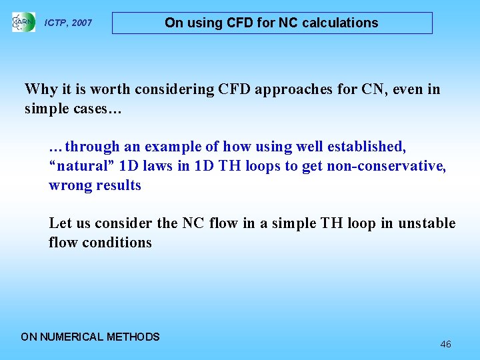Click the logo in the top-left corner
(x=23, y=23)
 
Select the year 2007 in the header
(x=81, y=23)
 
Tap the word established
(x=365, y=147)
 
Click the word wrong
(x=69, y=185)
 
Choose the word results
(x=118, y=185)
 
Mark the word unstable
(x=427, y=223)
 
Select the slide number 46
(x=445, y=345)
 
